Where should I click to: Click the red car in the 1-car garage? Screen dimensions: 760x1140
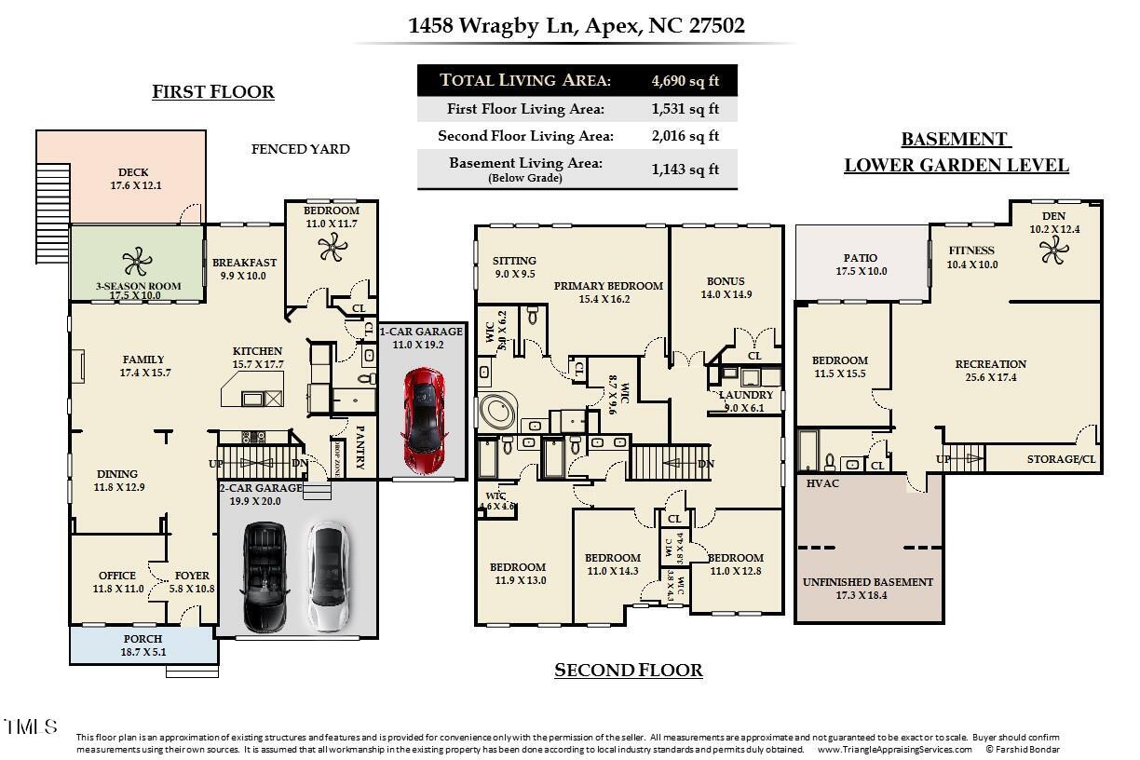[423, 420]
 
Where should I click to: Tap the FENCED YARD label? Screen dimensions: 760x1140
[301, 149]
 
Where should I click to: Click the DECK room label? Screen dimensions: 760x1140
[133, 172]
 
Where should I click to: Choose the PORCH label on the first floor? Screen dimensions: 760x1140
[142, 639]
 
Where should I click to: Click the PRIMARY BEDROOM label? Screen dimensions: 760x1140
[608, 286]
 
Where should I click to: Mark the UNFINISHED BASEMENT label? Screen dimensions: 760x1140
[867, 582]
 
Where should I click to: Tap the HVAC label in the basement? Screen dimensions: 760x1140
[823, 483]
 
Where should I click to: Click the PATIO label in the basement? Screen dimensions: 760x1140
[860, 258]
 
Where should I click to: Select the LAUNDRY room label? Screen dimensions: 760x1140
[746, 395]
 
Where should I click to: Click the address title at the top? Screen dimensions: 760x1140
[577, 25]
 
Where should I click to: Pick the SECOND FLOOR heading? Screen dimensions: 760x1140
[628, 671]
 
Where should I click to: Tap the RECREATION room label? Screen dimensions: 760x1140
[990, 364]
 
